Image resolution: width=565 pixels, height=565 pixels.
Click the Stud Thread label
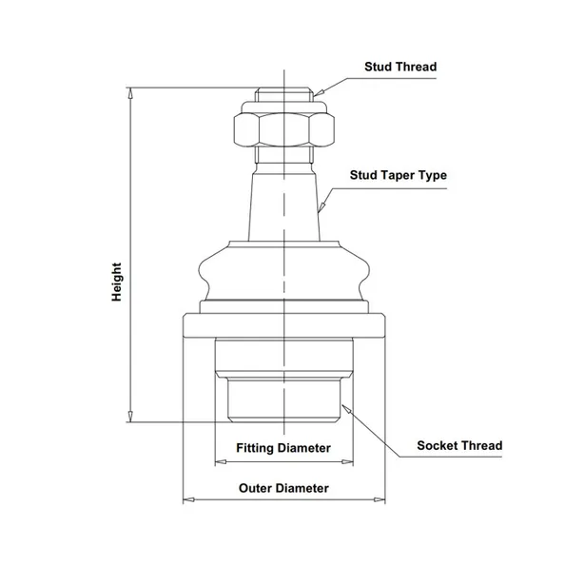pyautogui.click(x=400, y=67)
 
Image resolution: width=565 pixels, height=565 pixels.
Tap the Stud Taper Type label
pyautogui.click(x=399, y=175)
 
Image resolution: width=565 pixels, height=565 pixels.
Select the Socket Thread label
pyautogui.click(x=459, y=445)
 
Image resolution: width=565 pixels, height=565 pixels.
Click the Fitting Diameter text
pyautogui.click(x=283, y=448)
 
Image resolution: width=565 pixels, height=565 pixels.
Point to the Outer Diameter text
pyautogui.click(x=283, y=488)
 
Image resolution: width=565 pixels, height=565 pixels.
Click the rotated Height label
pyautogui.click(x=116, y=282)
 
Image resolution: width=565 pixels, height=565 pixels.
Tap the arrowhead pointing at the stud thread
pyautogui.click(x=319, y=93)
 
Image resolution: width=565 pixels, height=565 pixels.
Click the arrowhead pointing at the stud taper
pyautogui.click(x=321, y=206)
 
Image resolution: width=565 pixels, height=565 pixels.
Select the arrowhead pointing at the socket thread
pyautogui.click(x=346, y=409)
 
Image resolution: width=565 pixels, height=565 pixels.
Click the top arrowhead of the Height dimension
pyautogui.click(x=131, y=93)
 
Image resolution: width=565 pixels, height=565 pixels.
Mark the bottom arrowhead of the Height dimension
pyautogui.click(x=131, y=417)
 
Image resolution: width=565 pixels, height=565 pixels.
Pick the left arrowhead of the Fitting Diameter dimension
pyautogui.click(x=221, y=461)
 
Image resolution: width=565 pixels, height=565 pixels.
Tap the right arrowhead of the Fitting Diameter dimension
pyautogui.click(x=347, y=461)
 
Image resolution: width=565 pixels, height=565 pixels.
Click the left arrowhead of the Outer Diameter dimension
pyautogui.click(x=189, y=499)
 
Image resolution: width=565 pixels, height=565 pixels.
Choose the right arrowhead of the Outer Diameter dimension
pyautogui.click(x=380, y=499)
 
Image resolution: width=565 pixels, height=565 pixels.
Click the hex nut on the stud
pyautogui.click(x=284, y=129)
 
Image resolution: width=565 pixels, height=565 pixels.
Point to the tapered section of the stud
pyautogui.click(x=284, y=207)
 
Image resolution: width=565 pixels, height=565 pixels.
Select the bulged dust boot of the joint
pyautogui.click(x=284, y=271)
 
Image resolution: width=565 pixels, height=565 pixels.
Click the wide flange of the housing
pyautogui.click(x=284, y=325)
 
